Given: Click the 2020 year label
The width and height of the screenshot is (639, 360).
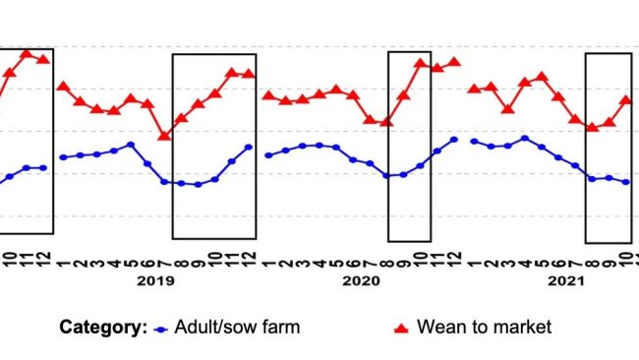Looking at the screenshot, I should pos(361,280).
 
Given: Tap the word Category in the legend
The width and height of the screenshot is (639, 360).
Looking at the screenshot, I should pos(102,327).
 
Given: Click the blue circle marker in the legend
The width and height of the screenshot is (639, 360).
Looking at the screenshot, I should pos(162,328).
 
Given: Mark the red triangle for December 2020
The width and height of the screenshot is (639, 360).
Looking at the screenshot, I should pos(454,62).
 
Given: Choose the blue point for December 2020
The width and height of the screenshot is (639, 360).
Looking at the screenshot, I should pos(454,140).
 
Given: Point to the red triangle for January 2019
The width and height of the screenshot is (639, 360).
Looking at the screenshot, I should pos(63,87).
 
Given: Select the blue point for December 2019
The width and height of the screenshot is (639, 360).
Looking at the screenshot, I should pos(249,148).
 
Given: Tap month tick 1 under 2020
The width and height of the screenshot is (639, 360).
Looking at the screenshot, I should pos(268,261).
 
